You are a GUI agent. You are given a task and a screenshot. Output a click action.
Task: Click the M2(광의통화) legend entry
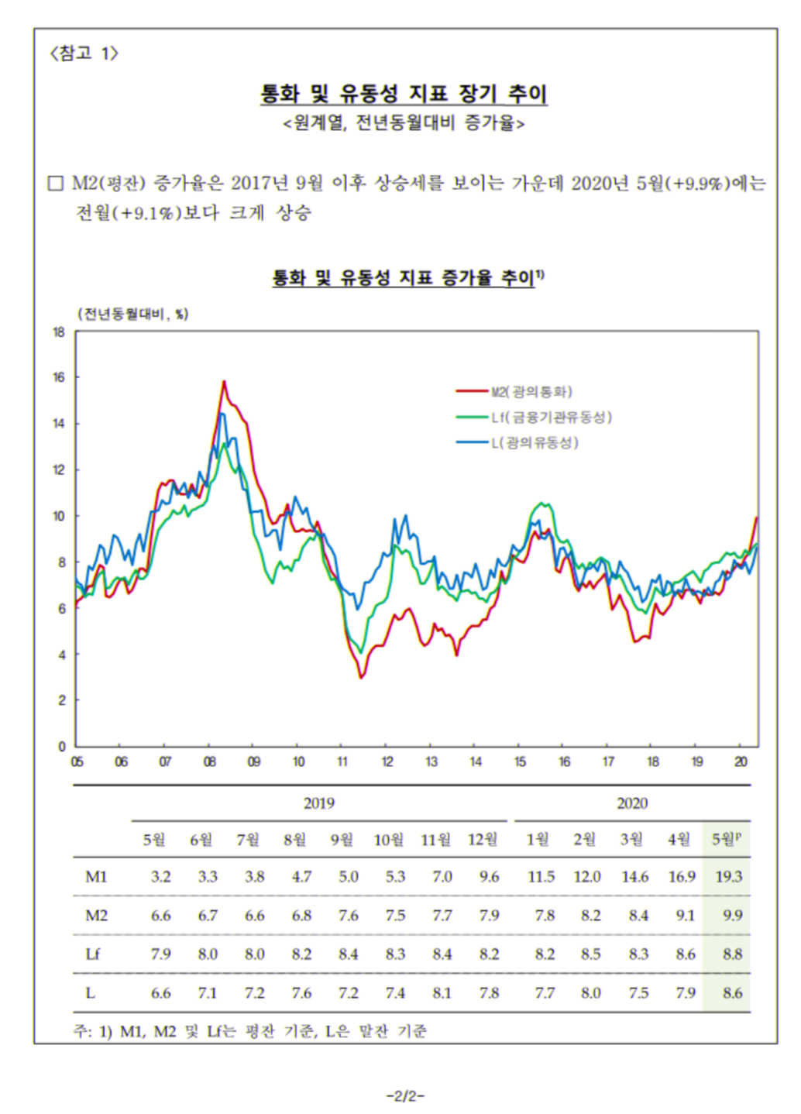(531, 392)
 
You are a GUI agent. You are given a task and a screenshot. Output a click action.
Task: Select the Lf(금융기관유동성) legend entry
(551, 418)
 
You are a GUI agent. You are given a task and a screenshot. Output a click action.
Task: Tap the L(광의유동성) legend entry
(535, 443)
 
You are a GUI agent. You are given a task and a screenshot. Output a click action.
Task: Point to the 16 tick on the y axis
(59, 378)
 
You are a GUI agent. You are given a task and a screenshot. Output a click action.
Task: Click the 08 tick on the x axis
(210, 762)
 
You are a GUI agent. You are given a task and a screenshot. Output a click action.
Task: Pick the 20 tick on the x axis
(741, 762)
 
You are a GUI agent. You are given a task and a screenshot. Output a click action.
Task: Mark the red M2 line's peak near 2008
(224, 381)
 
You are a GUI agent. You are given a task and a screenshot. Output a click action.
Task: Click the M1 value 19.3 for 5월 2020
(728, 877)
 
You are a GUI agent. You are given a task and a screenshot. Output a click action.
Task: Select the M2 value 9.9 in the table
(732, 916)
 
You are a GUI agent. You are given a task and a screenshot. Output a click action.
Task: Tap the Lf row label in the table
(93, 954)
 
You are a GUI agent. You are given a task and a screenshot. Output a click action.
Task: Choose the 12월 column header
(483, 840)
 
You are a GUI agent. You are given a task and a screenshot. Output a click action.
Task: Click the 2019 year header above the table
(319, 803)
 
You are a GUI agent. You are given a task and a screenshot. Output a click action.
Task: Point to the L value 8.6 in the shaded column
(732, 993)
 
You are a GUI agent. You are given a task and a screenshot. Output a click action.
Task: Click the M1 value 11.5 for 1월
(541, 877)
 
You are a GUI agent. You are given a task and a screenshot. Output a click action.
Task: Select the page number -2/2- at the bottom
(405, 1095)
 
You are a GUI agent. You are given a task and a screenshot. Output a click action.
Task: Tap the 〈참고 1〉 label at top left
(84, 53)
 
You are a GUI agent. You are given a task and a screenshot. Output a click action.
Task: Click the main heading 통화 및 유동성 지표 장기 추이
(404, 95)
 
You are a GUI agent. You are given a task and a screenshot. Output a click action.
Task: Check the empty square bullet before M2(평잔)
(56, 184)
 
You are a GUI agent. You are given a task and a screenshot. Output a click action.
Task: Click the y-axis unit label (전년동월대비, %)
(132, 314)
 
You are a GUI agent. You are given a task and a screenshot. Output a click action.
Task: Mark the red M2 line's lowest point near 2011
(361, 678)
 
